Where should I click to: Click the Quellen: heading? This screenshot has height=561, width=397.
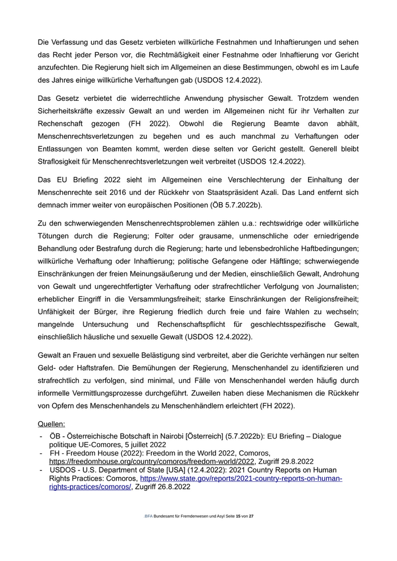(51, 423)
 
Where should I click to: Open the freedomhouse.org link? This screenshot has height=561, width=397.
(152, 461)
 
